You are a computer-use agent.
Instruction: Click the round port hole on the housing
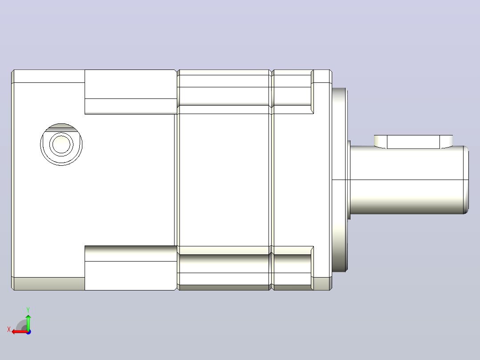tap(61, 145)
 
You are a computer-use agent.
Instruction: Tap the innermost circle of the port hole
tap(61, 144)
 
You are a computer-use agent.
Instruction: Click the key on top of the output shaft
tap(413, 142)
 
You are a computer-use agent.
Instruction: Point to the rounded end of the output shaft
tap(466, 180)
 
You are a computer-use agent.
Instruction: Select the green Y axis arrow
tap(28, 322)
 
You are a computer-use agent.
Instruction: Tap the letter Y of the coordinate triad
tap(28, 310)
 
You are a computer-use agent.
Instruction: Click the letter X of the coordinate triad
tap(9, 329)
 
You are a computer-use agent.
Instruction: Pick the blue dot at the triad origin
tap(28, 332)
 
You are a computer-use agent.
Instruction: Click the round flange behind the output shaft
tap(339, 180)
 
